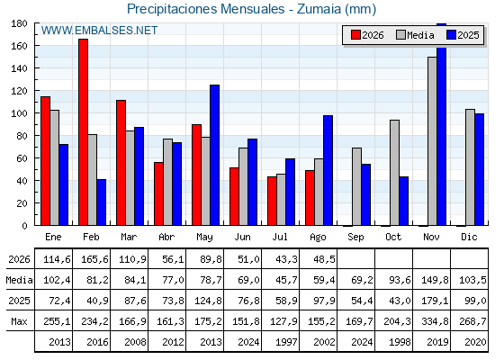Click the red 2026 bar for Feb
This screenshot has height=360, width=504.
(x=83, y=132)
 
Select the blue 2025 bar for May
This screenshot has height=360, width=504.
(x=215, y=155)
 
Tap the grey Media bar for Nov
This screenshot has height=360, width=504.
(x=432, y=141)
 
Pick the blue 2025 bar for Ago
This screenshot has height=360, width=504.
(x=328, y=170)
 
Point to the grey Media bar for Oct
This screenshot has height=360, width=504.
(x=395, y=173)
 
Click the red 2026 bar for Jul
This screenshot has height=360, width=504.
(x=272, y=201)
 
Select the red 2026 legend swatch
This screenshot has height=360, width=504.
(x=355, y=35)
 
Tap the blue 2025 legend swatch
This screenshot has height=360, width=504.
(x=452, y=35)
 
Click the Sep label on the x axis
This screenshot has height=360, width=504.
(x=355, y=238)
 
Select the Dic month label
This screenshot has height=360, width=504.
(x=469, y=237)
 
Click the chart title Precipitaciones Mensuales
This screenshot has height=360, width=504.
(x=206, y=9)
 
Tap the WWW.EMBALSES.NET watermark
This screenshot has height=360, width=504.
(x=99, y=31)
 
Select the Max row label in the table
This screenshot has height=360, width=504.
(x=19, y=321)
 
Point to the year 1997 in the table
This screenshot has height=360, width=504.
(x=286, y=342)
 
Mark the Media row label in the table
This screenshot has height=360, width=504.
(x=19, y=280)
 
